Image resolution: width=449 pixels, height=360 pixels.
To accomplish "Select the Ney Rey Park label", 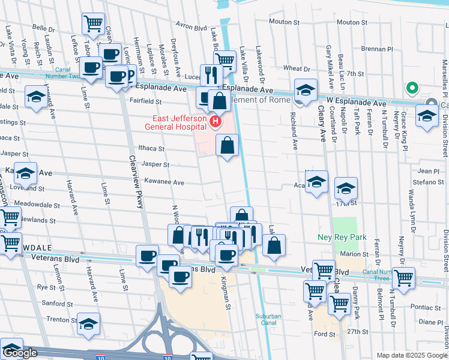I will tap(342, 238).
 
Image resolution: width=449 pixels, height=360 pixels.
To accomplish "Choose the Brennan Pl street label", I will tap(377, 49).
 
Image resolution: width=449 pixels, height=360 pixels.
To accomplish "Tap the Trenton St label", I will tap(58, 319).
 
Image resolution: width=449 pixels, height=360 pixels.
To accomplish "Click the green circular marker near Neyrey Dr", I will tap(412, 89).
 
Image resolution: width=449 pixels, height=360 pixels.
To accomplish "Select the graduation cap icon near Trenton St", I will tap(88, 323).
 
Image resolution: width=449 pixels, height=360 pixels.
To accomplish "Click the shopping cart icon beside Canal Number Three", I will tap(403, 277).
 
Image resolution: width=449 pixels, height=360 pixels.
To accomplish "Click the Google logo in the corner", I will tap(20, 353).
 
